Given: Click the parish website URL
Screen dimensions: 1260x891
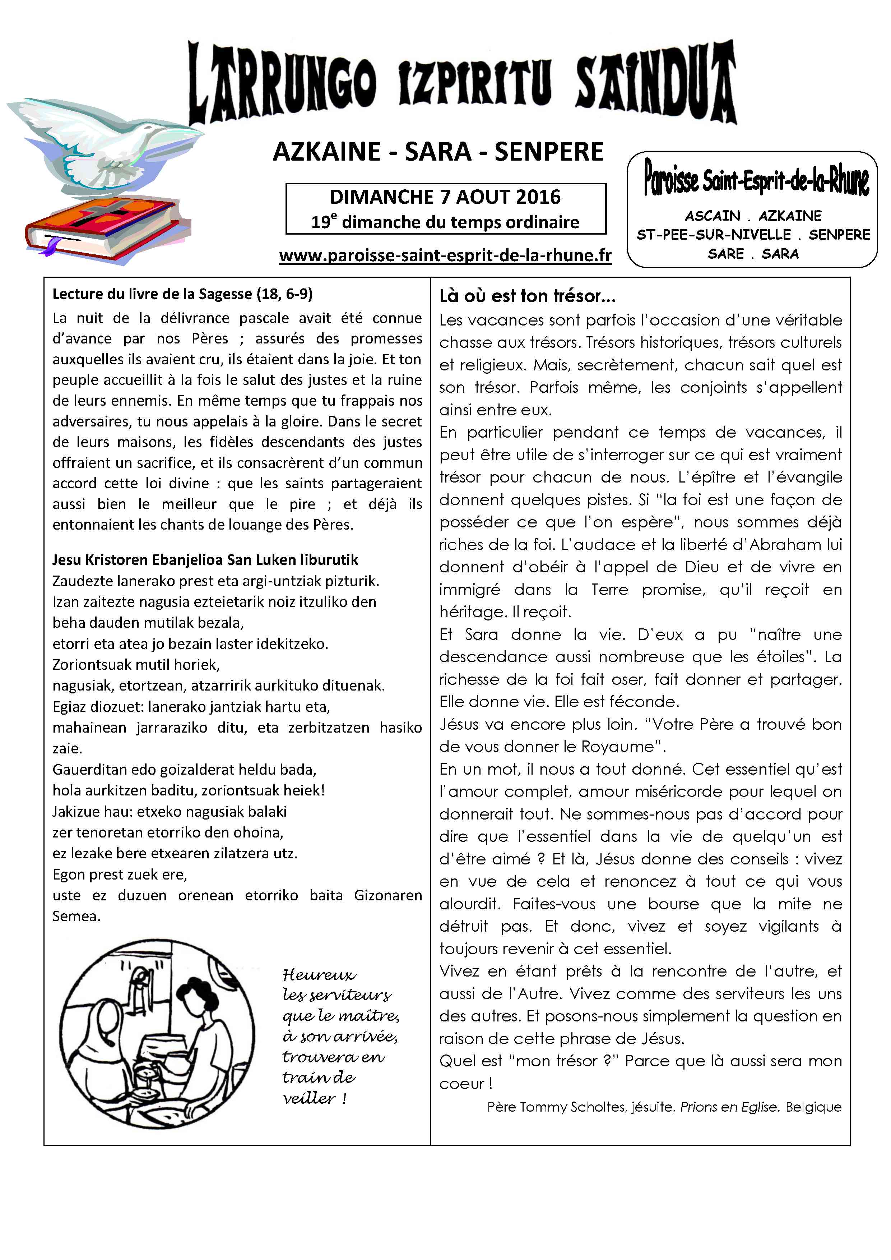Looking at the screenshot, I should click(x=445, y=256).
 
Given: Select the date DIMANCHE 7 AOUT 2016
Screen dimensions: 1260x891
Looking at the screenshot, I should click(x=445, y=197).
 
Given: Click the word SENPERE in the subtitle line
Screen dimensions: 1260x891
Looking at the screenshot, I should click(x=549, y=152).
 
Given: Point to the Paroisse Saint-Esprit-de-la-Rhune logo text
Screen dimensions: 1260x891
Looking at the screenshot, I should click(x=756, y=178).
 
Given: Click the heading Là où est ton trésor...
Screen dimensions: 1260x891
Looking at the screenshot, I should click(x=527, y=296).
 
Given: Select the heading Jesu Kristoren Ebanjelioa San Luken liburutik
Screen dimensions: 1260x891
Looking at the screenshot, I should click(x=205, y=560).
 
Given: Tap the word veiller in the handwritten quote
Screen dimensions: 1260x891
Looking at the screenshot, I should click(x=309, y=1098).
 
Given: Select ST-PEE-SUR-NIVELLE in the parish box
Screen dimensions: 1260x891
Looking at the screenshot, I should click(x=713, y=235).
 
